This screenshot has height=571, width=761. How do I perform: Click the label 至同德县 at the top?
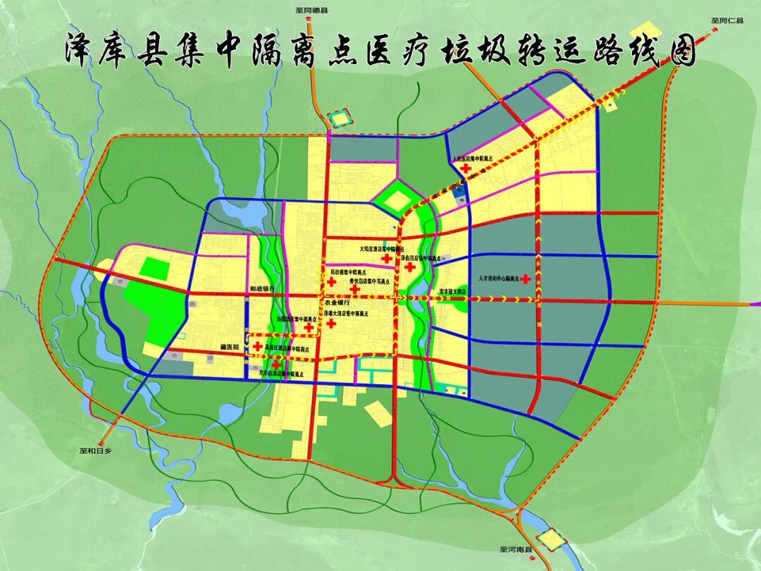313,11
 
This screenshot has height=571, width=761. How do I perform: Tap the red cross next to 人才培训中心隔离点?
525,279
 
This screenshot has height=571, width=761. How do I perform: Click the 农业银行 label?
338,302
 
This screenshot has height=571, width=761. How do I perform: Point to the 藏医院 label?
229,348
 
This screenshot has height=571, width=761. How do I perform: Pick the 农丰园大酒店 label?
453,291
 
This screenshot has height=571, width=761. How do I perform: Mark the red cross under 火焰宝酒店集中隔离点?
386,259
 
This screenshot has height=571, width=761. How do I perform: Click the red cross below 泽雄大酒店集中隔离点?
331,324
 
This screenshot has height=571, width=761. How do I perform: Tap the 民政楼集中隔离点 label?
349,271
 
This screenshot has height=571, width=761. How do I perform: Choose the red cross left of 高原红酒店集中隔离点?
259,346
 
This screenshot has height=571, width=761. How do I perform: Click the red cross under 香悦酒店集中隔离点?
355,288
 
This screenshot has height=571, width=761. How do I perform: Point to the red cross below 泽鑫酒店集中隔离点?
409,267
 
